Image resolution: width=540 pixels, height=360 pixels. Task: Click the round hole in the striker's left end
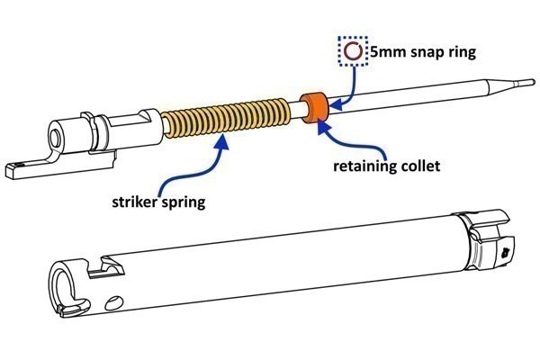tap(57, 138)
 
